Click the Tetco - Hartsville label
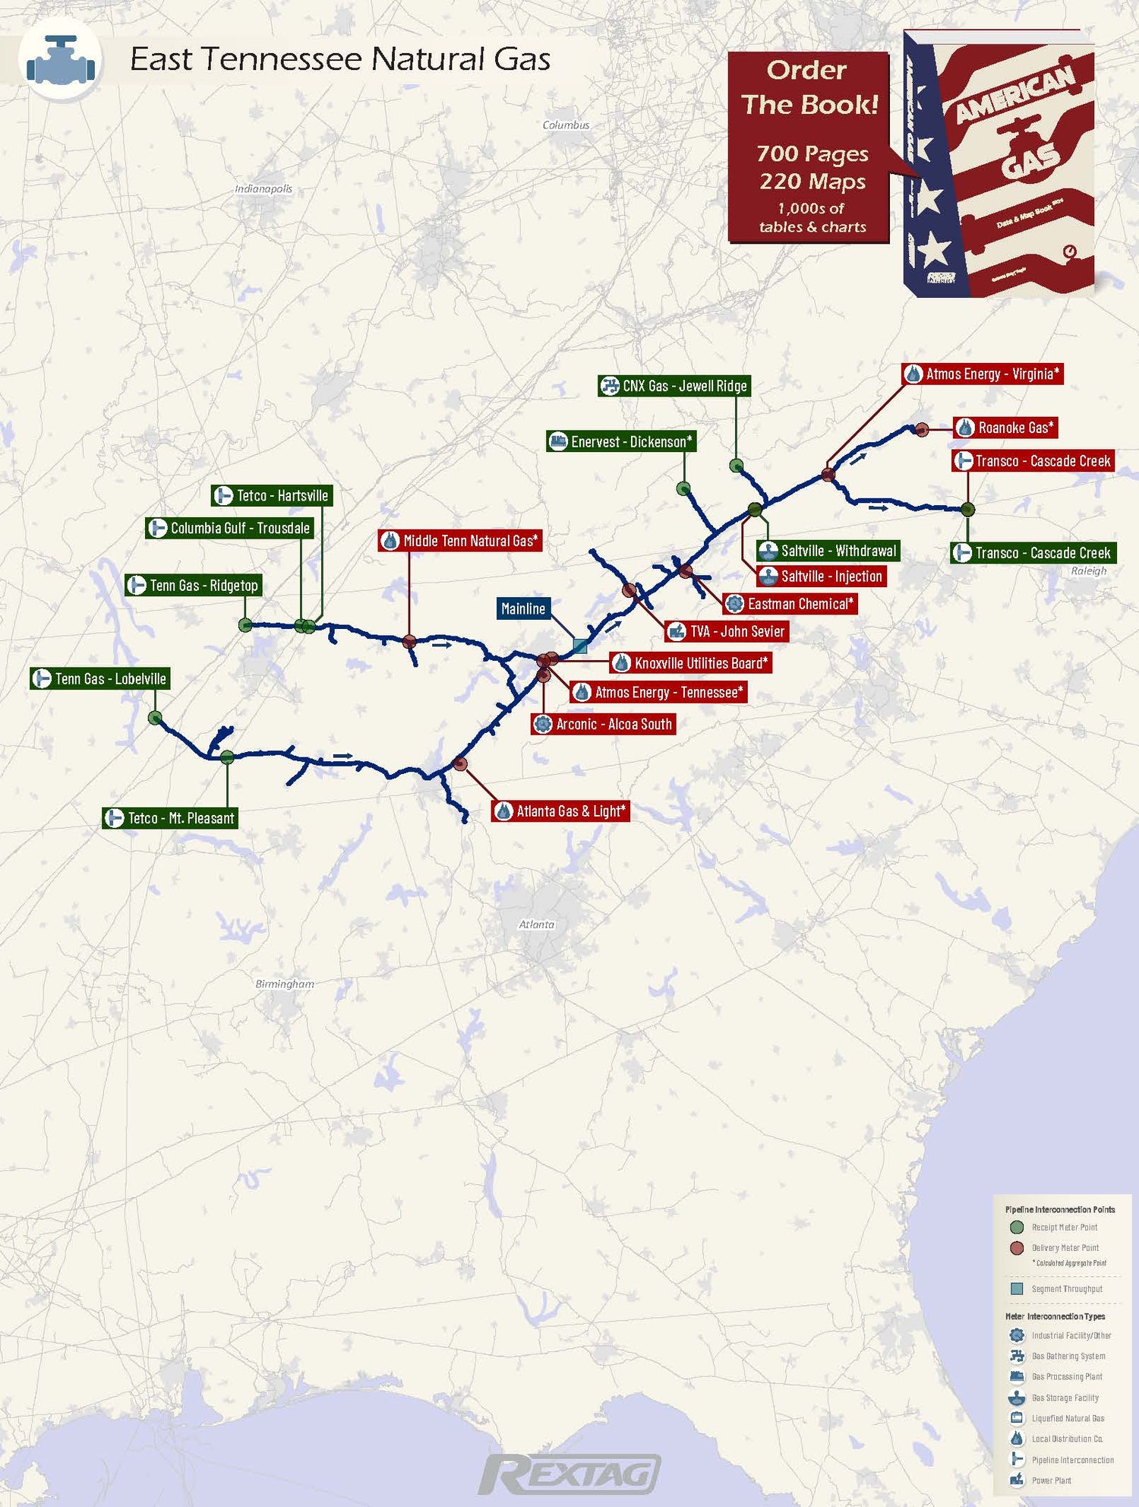pyautogui.click(x=272, y=496)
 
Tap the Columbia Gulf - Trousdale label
pyautogui.click(x=229, y=528)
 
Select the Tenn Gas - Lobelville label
pyautogui.click(x=99, y=678)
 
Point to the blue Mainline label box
pyautogui.click(x=523, y=608)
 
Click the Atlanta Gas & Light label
pyautogui.click(x=560, y=811)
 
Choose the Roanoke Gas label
pyautogui.click(x=1005, y=428)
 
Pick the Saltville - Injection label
pyautogui.click(x=822, y=577)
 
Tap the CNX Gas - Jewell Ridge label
pyautogui.click(x=674, y=386)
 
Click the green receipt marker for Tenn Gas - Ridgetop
pyautogui.click(x=245, y=625)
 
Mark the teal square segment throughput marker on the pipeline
pyautogui.click(x=580, y=646)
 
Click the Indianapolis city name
pyautogui.click(x=263, y=189)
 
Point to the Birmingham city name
pyautogui.click(x=285, y=984)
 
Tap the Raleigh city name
pyautogui.click(x=1088, y=571)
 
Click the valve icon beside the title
pyautogui.click(x=60, y=60)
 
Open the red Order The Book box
pyautogui.click(x=809, y=147)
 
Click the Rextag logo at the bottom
pyautogui.click(x=569, y=1474)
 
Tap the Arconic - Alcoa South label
pyautogui.click(x=604, y=724)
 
